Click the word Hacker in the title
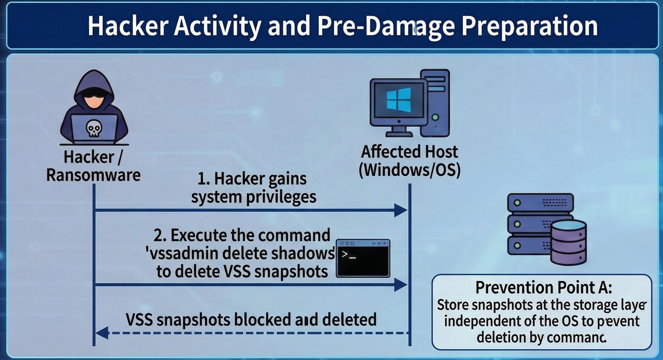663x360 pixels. [128, 26]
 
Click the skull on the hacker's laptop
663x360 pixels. [94, 128]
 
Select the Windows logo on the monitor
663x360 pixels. [399, 100]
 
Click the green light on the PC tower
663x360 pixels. [435, 117]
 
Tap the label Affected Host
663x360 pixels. [409, 152]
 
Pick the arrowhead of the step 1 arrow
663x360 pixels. [400, 210]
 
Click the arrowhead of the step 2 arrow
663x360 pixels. [400, 285]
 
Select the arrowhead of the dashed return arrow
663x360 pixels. [102, 333]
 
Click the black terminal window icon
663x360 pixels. [363, 258]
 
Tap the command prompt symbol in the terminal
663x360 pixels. [348, 255]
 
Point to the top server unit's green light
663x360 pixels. [517, 203]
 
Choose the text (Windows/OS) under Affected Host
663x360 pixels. [410, 170]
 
